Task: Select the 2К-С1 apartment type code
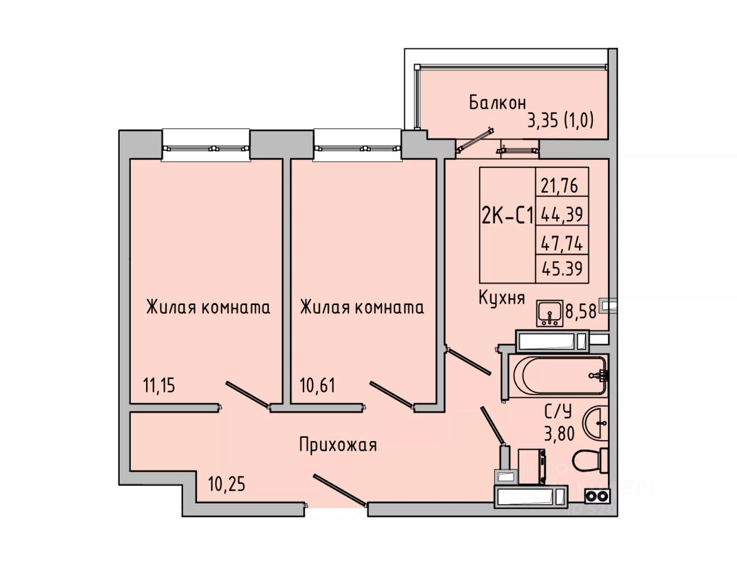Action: (507, 216)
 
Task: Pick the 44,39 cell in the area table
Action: (561, 214)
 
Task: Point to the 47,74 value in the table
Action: (561, 244)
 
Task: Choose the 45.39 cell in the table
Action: (562, 269)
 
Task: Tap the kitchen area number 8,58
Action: (580, 311)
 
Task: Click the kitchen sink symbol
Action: (549, 313)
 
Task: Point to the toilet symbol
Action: (590, 460)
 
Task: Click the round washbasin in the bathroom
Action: (595, 423)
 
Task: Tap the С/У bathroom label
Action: (559, 412)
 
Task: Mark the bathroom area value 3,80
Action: (559, 433)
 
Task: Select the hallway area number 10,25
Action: (226, 484)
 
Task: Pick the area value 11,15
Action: (159, 385)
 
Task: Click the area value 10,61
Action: (317, 385)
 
